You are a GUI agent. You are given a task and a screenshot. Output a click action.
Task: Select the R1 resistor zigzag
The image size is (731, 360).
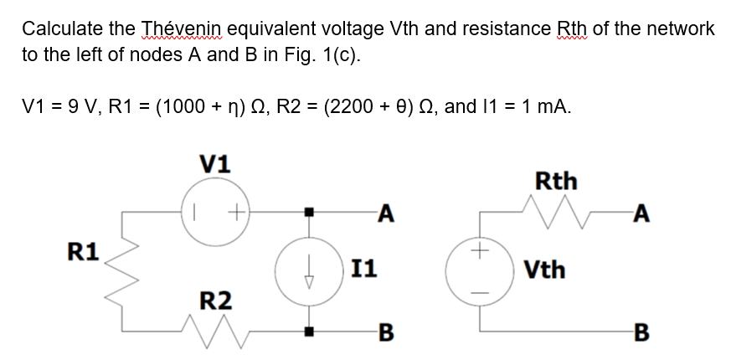coord(125,271)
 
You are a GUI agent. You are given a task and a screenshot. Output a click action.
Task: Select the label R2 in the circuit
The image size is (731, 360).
coord(216,300)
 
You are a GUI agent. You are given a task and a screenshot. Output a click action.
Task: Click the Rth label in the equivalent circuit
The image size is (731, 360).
coord(555,180)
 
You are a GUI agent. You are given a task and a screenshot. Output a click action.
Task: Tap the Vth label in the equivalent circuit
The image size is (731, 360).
coord(544,270)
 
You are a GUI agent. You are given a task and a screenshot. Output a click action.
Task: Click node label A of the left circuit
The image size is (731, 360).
coord(385,214)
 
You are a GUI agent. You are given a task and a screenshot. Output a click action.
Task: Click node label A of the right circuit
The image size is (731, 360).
coord(641,215)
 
